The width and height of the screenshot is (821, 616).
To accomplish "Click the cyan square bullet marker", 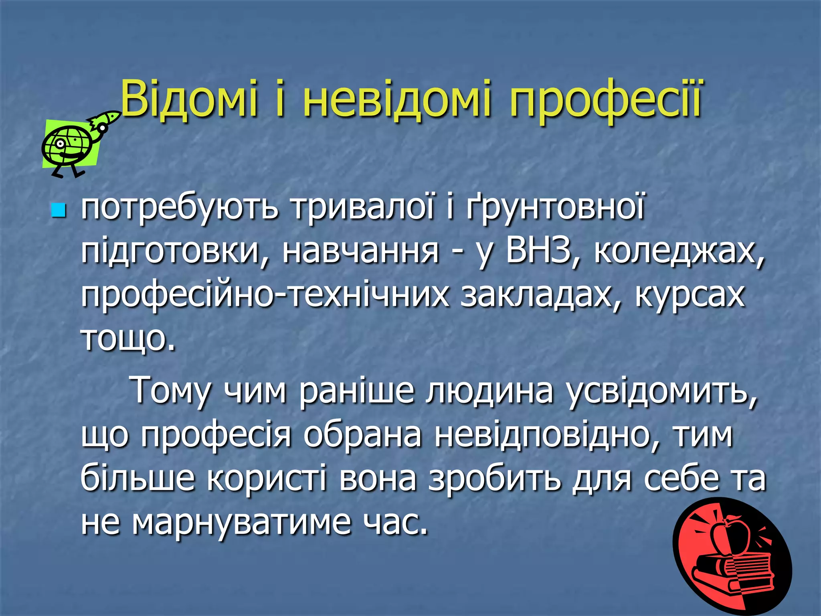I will pos(59,210).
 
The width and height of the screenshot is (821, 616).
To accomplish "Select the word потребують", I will pos(179,209).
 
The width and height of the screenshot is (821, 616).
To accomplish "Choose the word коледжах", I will pos(678,253).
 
